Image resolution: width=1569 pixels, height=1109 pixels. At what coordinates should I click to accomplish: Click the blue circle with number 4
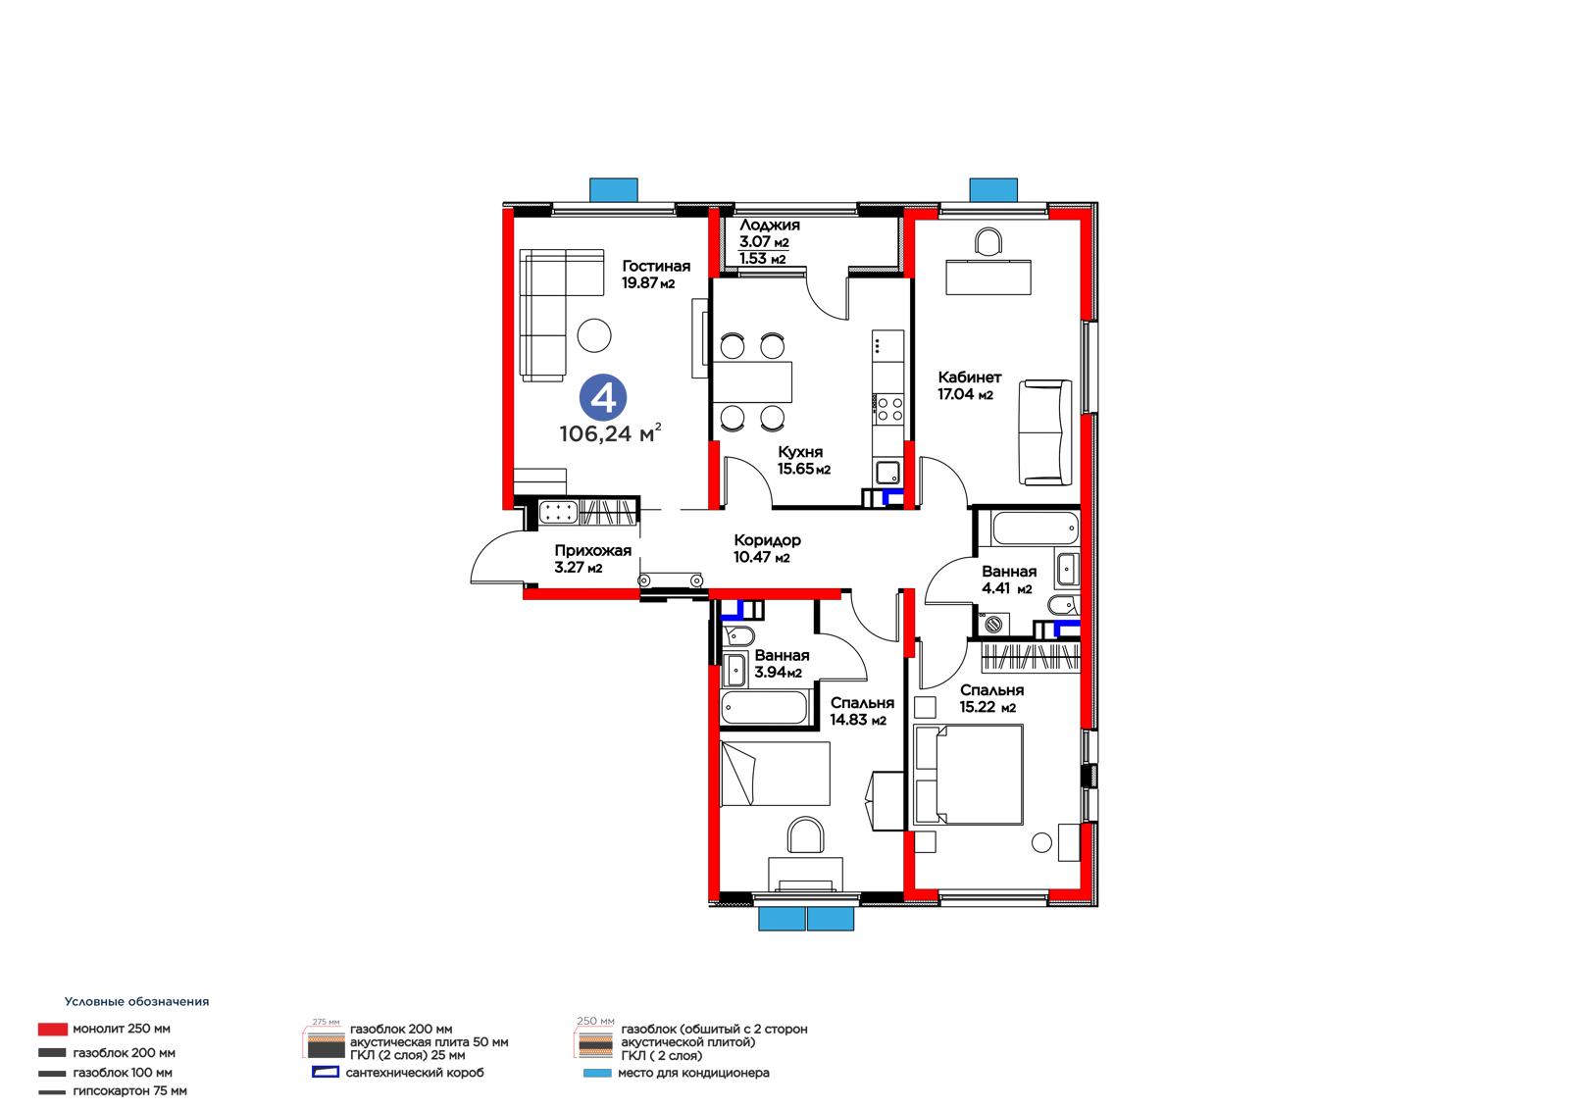602,398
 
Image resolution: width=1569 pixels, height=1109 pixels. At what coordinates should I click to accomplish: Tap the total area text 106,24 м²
610,433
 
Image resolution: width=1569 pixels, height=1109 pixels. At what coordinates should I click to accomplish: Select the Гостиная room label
656,266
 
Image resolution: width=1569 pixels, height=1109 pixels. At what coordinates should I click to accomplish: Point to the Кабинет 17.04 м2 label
970,385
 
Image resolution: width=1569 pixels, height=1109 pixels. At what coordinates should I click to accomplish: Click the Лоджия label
770,225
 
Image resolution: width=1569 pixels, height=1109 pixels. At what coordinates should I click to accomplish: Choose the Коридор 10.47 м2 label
767,548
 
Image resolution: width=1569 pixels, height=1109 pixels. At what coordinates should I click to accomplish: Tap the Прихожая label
592,551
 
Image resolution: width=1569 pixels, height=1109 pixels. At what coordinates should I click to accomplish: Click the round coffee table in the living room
594,335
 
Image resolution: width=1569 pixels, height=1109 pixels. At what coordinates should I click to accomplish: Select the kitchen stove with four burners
888,409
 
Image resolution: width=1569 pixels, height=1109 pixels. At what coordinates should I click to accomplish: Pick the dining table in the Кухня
752,381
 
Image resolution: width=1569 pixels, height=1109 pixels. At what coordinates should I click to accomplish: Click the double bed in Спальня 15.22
968,774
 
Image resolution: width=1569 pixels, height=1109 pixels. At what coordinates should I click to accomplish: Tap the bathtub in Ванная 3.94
764,708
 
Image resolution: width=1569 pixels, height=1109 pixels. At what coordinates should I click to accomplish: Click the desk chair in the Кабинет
988,241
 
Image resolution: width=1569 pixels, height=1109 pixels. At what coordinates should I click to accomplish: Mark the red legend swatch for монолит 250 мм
53,1030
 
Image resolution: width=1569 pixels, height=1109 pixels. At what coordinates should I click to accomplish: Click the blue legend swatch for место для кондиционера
597,1073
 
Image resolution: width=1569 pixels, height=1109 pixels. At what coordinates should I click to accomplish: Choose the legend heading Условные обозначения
136,1002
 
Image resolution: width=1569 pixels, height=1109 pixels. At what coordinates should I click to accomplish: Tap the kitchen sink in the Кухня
888,473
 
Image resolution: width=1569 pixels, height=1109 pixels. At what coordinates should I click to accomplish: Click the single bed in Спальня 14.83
776,774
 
